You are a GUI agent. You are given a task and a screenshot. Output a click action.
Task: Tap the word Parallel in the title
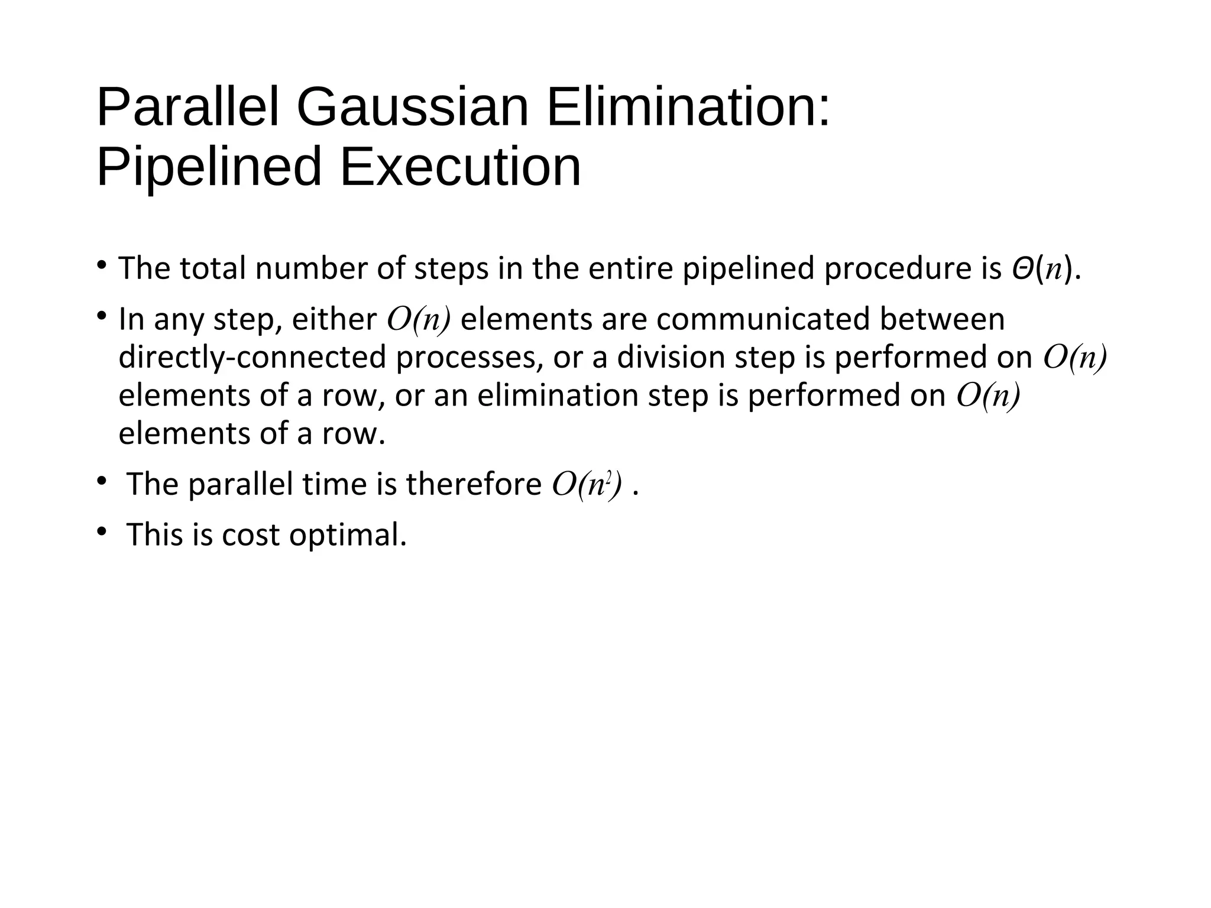[x=187, y=108]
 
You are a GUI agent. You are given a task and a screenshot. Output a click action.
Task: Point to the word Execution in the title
[x=460, y=167]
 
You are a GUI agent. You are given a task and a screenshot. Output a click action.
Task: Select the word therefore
[x=474, y=485]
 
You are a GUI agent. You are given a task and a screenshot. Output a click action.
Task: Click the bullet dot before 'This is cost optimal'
[x=102, y=531]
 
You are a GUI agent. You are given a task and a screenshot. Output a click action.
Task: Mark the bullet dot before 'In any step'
[x=102, y=316]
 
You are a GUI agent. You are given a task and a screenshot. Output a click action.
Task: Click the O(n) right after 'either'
[x=419, y=319]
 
